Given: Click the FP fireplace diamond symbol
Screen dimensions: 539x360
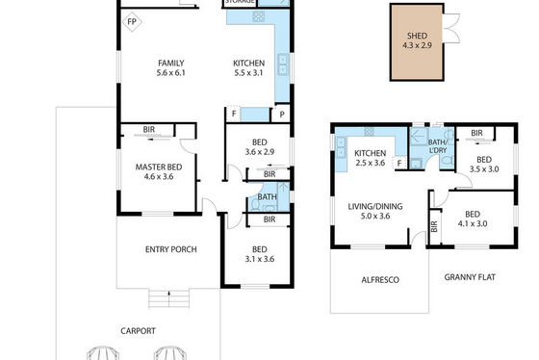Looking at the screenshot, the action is pyautogui.click(x=132, y=22).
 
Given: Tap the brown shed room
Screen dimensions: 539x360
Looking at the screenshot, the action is pyautogui.click(x=417, y=42).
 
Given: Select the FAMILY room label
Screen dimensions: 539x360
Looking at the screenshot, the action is pyautogui.click(x=171, y=63).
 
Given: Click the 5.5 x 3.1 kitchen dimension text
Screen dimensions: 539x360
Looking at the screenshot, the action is pyautogui.click(x=248, y=73).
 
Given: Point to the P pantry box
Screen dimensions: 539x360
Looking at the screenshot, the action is pyautogui.click(x=281, y=115).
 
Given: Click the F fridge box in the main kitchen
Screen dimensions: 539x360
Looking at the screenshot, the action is pyautogui.click(x=234, y=114).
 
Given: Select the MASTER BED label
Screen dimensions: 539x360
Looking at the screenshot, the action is pyautogui.click(x=159, y=167).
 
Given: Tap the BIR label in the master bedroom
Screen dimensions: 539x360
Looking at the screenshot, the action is pyautogui.click(x=148, y=130).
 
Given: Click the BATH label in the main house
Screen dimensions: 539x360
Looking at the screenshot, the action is pyautogui.click(x=268, y=197).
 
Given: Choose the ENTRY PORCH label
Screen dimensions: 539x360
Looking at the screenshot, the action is pyautogui.click(x=171, y=249).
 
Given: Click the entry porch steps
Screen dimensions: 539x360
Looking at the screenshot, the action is pyautogui.click(x=168, y=298).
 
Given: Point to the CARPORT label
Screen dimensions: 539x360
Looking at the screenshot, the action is pyautogui.click(x=138, y=331).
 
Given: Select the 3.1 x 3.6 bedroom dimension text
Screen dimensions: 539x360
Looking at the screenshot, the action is pyautogui.click(x=260, y=259).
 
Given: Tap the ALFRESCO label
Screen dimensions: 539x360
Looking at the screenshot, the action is pyautogui.click(x=380, y=280).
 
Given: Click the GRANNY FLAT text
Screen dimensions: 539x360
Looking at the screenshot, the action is pyautogui.click(x=470, y=277).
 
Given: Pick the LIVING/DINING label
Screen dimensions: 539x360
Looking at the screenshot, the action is pyautogui.click(x=375, y=207).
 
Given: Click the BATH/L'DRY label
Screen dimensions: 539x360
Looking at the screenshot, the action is pyautogui.click(x=438, y=146).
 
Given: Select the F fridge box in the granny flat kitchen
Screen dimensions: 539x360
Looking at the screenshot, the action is pyautogui.click(x=399, y=163).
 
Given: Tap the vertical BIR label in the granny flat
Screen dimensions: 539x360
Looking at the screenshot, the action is pyautogui.click(x=434, y=226).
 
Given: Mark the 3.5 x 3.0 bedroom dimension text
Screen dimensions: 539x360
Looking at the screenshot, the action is pyautogui.click(x=484, y=169).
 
